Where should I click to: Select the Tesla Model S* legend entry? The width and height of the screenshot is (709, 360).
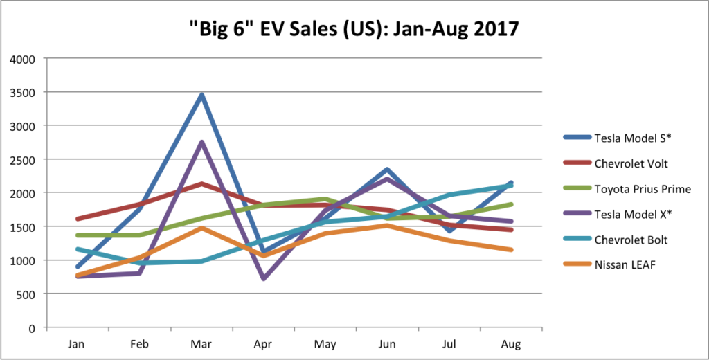click(623, 138)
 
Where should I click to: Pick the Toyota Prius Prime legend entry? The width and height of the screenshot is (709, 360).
click(632, 189)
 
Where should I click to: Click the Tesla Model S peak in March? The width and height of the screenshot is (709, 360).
click(201, 95)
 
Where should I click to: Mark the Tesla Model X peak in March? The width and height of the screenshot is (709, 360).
click(201, 142)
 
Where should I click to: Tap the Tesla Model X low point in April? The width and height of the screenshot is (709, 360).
click(263, 278)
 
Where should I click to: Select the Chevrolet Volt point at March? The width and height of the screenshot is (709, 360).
click(201, 183)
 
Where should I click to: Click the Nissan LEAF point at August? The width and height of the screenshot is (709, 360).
click(511, 249)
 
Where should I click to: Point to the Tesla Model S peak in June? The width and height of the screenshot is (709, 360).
click(387, 169)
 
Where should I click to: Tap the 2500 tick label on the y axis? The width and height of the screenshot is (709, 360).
click(26, 159)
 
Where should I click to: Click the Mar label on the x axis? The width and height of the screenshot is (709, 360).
click(201, 343)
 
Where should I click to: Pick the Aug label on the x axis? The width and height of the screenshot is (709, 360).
click(511, 343)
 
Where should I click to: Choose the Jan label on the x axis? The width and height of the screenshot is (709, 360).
click(78, 343)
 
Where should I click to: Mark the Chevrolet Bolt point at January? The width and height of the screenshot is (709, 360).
click(78, 249)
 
